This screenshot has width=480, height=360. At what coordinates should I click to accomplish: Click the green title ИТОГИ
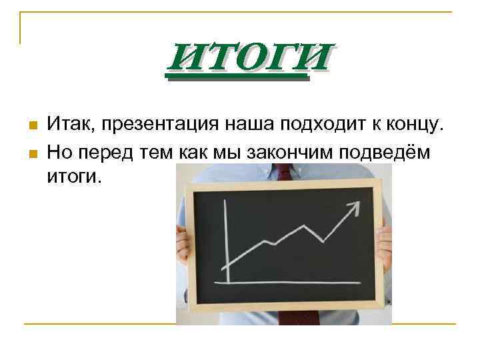(x=249, y=58)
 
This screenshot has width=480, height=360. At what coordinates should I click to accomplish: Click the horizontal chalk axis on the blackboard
(x=293, y=283)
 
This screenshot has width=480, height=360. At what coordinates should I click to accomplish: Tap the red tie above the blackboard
(x=285, y=172)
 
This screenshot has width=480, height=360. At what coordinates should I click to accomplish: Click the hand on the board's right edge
(x=385, y=243)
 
